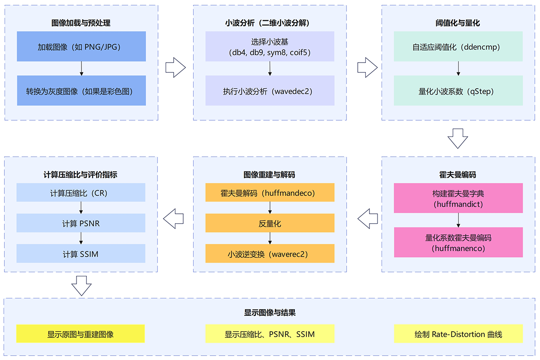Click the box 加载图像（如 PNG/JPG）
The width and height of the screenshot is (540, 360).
[x=81, y=46]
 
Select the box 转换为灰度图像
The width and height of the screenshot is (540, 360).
[x=81, y=90]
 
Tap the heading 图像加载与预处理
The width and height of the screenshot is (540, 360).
[x=81, y=22]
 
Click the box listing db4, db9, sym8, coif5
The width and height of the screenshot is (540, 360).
[x=270, y=46]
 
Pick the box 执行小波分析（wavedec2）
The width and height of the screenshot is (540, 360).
[x=270, y=90]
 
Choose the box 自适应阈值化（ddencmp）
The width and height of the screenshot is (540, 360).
[x=458, y=46]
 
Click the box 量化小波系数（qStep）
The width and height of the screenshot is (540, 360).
[x=458, y=90]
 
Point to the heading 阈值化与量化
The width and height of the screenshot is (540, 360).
[x=458, y=22]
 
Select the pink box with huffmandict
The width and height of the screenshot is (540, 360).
[x=458, y=198]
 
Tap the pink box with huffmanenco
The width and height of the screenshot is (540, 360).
[x=458, y=242]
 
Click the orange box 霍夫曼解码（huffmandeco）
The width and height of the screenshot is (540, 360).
[x=270, y=193]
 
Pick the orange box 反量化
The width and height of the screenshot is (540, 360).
[x=270, y=223]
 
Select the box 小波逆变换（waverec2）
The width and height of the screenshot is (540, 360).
[x=270, y=253]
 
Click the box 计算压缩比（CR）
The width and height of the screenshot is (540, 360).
[x=81, y=193]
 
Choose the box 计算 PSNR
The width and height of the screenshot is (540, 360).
[x=81, y=223]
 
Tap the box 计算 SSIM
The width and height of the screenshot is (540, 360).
[x=81, y=253]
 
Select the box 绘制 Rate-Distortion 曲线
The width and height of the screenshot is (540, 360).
[x=458, y=334]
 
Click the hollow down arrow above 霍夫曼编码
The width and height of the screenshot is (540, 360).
[x=458, y=138]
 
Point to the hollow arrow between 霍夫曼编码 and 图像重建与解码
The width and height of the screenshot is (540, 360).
[x=367, y=220]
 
